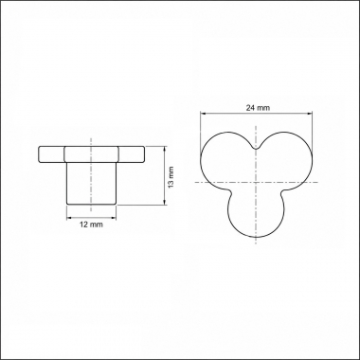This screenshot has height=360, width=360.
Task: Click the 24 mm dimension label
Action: [258, 108]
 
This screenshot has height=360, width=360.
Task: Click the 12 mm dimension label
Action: [91, 225]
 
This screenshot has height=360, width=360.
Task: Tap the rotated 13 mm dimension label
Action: [171, 177]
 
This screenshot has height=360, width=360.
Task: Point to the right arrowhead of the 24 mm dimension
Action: [309, 114]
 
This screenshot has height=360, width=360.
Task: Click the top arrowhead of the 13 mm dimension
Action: [164, 150]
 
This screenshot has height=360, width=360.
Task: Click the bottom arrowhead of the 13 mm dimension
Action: [164, 202]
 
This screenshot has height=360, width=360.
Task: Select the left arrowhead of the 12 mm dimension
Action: [70, 218]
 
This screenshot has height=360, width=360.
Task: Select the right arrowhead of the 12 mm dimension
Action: [113, 218]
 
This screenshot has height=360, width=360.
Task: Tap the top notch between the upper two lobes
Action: [256, 148]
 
